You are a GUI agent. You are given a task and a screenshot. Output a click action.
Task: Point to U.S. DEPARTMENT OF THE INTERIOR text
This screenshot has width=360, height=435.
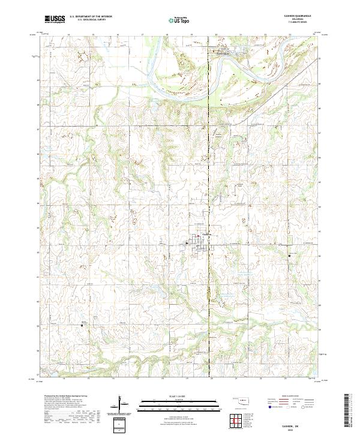click(91, 17)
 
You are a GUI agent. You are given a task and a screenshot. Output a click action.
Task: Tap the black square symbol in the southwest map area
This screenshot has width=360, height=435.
click(82, 326)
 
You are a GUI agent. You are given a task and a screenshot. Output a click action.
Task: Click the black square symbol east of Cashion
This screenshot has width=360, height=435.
click(289, 256)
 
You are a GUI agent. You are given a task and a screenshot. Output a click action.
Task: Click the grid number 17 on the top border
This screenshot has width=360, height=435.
click(142, 35)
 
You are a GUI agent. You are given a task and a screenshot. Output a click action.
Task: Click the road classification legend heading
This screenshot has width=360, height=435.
click(291, 397)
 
